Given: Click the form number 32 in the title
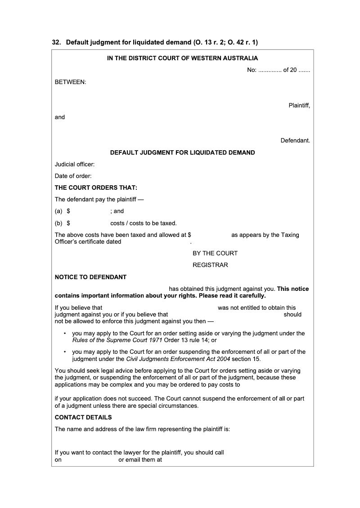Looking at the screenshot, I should coord(56,43).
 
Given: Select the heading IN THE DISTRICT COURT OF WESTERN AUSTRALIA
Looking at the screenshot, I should coord(182,58).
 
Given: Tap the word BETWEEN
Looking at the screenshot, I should coord(71,82).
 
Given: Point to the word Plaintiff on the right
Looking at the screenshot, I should coord(299,106).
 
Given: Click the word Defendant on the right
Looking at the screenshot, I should coord(295,141).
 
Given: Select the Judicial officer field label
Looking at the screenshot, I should coord(75,165).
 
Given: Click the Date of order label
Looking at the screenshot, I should coord(73,176).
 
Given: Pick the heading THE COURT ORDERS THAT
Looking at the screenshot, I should coord(96,187).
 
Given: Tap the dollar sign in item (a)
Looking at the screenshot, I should coord(68,211).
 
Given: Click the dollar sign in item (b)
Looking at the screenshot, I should coord(68,223).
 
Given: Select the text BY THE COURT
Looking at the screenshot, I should coord(215,253).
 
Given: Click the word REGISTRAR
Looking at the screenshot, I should coord(210,265).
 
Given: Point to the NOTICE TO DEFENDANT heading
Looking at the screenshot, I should coord(90,277).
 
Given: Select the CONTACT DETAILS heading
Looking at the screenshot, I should coord(83,417).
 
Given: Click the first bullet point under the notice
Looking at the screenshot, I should coord(65,334).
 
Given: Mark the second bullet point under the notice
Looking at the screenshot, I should coord(65,352).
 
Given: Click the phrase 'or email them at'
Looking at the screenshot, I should coord(140,460).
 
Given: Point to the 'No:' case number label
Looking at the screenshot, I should coord(252,70).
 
